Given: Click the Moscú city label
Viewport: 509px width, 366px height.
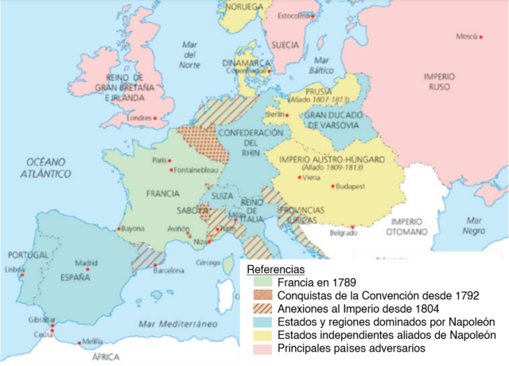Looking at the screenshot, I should pos(466,37).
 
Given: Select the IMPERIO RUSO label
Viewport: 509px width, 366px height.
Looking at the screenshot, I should pos(439,81).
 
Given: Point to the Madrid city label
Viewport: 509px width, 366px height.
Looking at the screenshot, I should pos(86,263).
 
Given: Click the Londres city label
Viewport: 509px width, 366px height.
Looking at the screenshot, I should pos(138,119).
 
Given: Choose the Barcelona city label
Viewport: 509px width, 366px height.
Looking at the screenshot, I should pos(169,270).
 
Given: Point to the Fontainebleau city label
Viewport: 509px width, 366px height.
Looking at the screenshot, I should pos(197,170).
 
